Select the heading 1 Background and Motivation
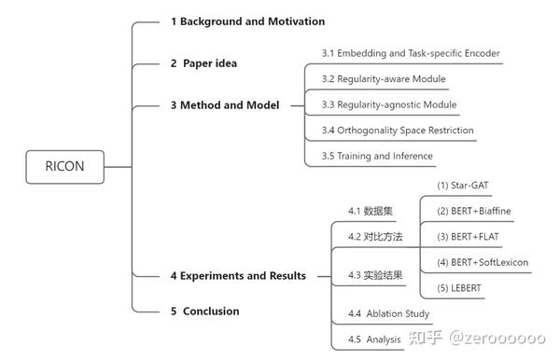coord(247,21)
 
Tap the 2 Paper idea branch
coord(203,63)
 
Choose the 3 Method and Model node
coord(224,105)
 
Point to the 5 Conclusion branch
coord(204,312)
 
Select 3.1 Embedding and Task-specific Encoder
coord(411,53)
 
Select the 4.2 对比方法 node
coord(375,237)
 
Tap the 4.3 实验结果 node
coord(375,275)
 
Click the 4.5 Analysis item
coord(374,339)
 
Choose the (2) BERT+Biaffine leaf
coord(474,212)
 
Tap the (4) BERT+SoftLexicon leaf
coord(483,263)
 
